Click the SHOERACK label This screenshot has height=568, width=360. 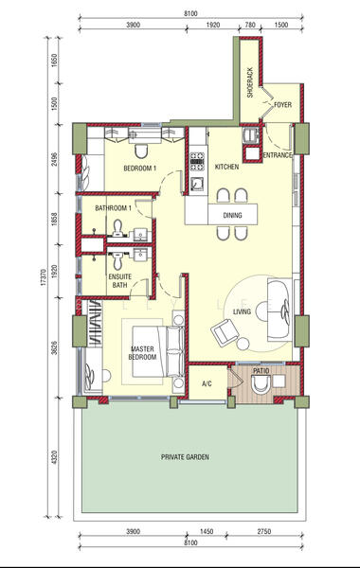(x=250, y=83)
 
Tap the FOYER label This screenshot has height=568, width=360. (x=282, y=105)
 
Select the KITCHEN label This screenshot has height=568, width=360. (x=227, y=167)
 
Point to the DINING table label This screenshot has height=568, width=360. (x=232, y=215)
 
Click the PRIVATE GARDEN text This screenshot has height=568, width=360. (x=185, y=457)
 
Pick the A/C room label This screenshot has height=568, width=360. (x=207, y=383)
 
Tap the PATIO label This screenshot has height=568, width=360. (x=261, y=371)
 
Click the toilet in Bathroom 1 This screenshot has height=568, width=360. (x=117, y=228)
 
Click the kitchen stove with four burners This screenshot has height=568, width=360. (x=197, y=162)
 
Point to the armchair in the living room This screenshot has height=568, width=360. (x=225, y=332)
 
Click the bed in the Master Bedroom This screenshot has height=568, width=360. (x=158, y=351)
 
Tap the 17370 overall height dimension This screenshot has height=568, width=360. (x=44, y=277)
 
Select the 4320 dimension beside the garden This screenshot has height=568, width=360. (x=55, y=457)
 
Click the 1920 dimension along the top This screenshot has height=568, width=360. (x=213, y=25)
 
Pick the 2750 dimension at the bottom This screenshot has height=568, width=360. (x=264, y=531)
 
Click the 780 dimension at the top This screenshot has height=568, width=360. (x=250, y=25)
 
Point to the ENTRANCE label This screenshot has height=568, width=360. (x=278, y=155)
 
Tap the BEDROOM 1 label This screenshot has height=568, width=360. (x=139, y=169)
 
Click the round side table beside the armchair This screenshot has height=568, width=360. (x=243, y=344)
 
